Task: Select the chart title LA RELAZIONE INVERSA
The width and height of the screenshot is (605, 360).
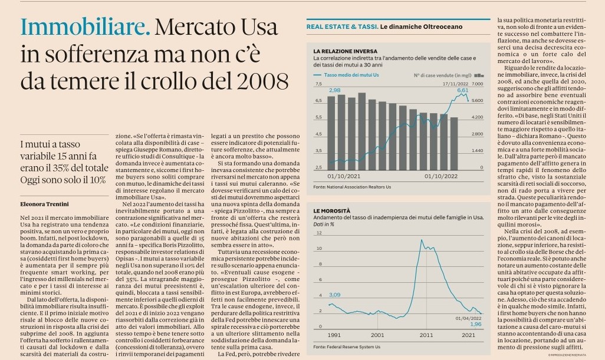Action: tap(345, 51)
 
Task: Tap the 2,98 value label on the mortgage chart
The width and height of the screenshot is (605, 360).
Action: tap(335, 90)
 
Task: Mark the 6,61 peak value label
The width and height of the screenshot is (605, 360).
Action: tap(462, 90)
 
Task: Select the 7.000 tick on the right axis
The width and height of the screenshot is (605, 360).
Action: tap(477, 85)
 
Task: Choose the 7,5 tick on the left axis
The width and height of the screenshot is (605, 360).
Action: tap(318, 85)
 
